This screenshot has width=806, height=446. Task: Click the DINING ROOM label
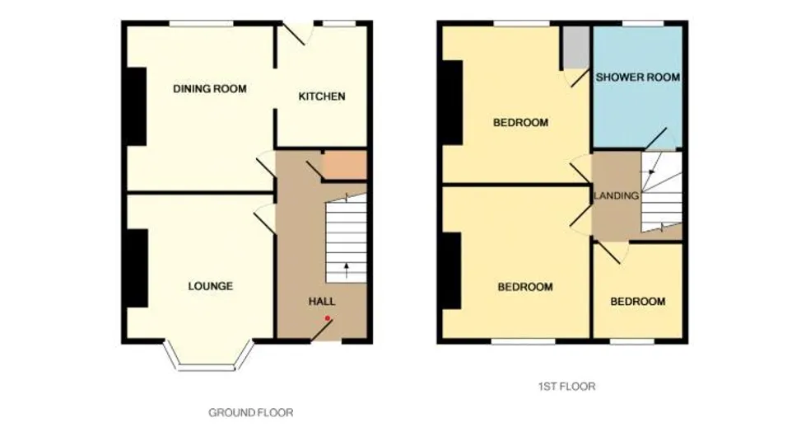point(210,88)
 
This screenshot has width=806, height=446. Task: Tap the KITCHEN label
point(322,96)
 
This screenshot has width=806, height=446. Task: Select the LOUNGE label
point(210,286)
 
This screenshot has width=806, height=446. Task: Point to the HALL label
point(322,301)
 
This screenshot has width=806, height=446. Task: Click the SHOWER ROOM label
point(638,77)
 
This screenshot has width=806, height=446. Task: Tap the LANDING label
point(617,195)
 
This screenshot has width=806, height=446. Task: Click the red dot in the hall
point(328,319)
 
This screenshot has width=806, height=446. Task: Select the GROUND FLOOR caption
point(251,412)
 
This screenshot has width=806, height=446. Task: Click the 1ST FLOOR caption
point(567,387)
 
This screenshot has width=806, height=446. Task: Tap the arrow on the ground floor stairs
point(347,270)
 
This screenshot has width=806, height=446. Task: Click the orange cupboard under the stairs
point(344,165)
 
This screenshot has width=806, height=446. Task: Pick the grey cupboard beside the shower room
point(575,47)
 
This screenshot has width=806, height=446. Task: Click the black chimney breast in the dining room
point(137,106)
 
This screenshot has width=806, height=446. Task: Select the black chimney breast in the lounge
point(137,268)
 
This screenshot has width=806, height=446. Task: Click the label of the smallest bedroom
point(638,301)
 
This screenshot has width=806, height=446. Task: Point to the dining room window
point(202,24)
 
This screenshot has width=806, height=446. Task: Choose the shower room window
point(643,24)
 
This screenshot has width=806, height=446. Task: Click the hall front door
point(322,330)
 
